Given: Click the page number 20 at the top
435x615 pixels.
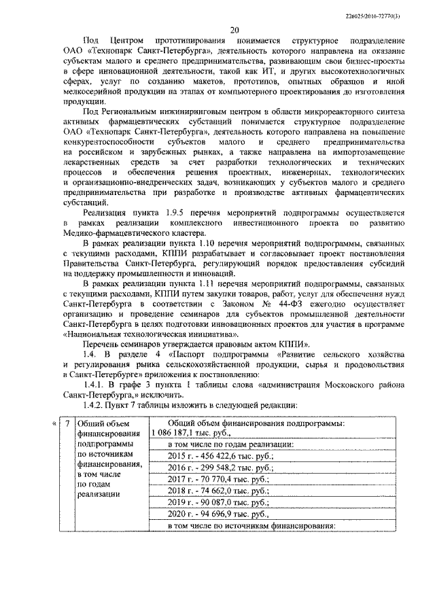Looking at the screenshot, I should pyautogui.click(x=234, y=30).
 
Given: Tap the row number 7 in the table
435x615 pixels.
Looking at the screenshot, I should pyautogui.click(x=67, y=424).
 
